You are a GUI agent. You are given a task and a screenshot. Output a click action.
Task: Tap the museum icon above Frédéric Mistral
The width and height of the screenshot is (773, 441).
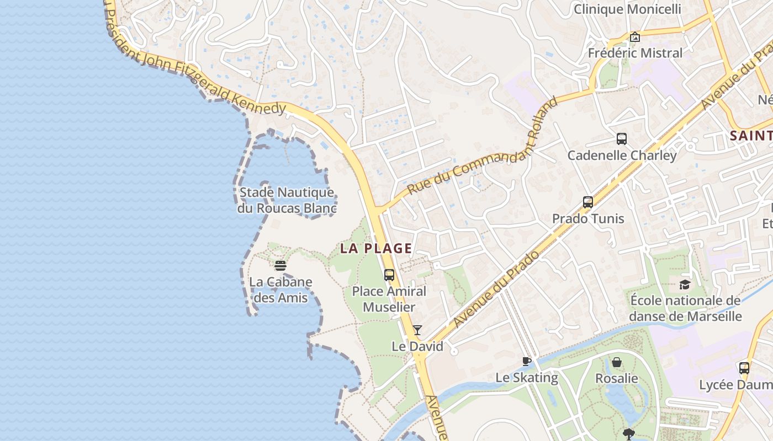pos(635,37)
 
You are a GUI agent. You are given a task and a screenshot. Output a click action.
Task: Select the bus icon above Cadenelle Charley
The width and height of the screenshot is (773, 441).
pos(622,139)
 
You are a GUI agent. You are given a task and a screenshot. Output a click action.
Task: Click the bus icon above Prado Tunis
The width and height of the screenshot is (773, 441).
pos(588,202)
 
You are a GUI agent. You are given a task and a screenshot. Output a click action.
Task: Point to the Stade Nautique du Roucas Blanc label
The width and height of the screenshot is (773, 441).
pos(287,200)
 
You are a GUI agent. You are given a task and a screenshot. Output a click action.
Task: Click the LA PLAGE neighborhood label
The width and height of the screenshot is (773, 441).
pos(376,248)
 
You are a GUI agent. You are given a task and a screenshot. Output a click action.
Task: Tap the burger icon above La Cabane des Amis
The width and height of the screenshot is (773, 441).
pos(280,266)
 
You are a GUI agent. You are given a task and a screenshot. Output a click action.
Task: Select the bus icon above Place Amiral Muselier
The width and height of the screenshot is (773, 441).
pos(389,275)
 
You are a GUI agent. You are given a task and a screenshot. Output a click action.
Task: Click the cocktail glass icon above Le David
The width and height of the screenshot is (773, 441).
pos(417,330)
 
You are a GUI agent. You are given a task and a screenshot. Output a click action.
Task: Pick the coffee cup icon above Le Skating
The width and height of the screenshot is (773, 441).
pos(527,362)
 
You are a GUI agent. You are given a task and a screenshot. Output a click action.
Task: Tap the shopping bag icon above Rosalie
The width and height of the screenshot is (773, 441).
pos(617,362)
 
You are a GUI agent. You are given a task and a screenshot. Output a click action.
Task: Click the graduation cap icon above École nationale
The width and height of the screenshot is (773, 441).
pos(685,284)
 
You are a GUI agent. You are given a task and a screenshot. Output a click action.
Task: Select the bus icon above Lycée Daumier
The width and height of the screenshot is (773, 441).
pos(744,368)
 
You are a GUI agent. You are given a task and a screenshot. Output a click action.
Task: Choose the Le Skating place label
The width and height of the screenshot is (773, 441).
pos(527,378)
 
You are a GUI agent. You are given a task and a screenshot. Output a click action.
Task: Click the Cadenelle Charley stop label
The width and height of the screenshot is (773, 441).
pos(622,155)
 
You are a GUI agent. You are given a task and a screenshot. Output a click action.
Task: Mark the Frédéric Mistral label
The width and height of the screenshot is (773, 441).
pos(635,53)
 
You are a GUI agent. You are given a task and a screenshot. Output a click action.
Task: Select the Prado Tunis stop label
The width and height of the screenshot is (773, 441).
pos(588,219)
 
